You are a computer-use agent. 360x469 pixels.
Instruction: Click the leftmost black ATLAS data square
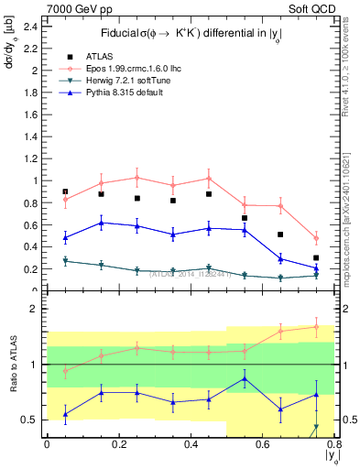coord(65,191)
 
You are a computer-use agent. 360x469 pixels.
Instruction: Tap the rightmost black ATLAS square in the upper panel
coord(316,258)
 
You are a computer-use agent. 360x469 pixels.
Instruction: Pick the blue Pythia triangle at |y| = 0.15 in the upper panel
coord(101,223)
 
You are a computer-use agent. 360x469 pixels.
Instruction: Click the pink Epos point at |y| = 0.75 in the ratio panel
coord(316,326)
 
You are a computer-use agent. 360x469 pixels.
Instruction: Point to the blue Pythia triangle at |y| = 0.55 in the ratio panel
coord(245,378)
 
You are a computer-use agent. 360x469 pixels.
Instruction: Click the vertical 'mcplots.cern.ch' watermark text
coord(352,229)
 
